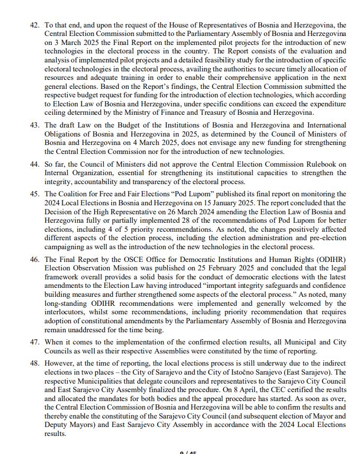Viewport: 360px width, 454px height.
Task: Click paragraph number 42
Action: tap(35, 25)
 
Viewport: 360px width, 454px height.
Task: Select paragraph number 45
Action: tap(35, 194)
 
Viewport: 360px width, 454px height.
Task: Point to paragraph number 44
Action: tap(35, 165)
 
